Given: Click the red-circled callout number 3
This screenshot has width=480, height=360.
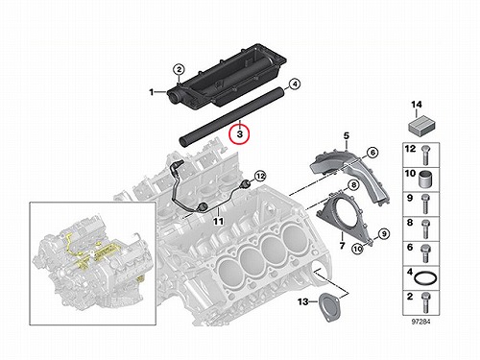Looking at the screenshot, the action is pos(240,134).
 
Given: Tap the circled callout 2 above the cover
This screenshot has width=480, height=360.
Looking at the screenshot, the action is pos(180,69).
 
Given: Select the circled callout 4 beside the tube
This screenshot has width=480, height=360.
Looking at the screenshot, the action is pos(295,84).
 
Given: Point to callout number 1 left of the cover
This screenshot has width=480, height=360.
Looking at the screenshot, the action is pos(152,92).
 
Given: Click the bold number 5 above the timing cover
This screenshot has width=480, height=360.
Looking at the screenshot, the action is pos(347,136).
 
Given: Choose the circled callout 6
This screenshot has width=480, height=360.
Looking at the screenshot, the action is pos(372,153).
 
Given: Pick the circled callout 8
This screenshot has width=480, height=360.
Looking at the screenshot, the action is pos(353,185).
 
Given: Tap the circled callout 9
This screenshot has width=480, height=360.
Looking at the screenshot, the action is pos(384,234).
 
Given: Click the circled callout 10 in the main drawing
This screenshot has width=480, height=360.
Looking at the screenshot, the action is pos(358,249).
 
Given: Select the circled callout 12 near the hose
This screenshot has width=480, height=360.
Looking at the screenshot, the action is pos(260,176).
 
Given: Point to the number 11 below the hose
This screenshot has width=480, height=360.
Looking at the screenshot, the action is pos(218,221).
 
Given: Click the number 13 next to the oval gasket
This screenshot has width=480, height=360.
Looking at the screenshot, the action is pos(302,301).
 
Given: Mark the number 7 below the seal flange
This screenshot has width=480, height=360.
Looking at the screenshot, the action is pos(342,246).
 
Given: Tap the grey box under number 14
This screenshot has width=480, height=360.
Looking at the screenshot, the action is pos(420,126).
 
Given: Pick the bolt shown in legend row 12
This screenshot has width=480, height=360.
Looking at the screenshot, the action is pos(425,156).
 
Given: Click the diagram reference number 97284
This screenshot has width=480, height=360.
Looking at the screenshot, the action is pos(420,322).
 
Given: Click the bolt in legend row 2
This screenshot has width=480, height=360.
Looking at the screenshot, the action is pos(425,302).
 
